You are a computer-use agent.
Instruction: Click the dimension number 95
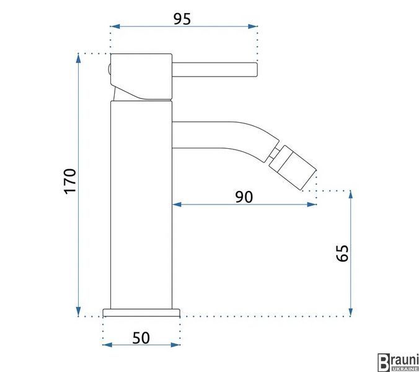pyautogui.click(x=182, y=19)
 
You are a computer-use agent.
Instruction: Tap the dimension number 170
pyautogui.click(x=70, y=181)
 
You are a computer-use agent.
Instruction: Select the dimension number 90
pyautogui.click(x=244, y=197)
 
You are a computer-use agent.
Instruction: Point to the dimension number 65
pyautogui.click(x=343, y=253)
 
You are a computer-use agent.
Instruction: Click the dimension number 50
pyautogui.click(x=141, y=338)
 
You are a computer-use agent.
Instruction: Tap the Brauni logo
pyautogui.click(x=398, y=362)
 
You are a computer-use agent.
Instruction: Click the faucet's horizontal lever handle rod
pyautogui.click(x=214, y=69)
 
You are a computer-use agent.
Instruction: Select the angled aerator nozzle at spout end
pyautogui.click(x=293, y=167)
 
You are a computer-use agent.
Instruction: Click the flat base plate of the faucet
pyautogui.click(x=141, y=312)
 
